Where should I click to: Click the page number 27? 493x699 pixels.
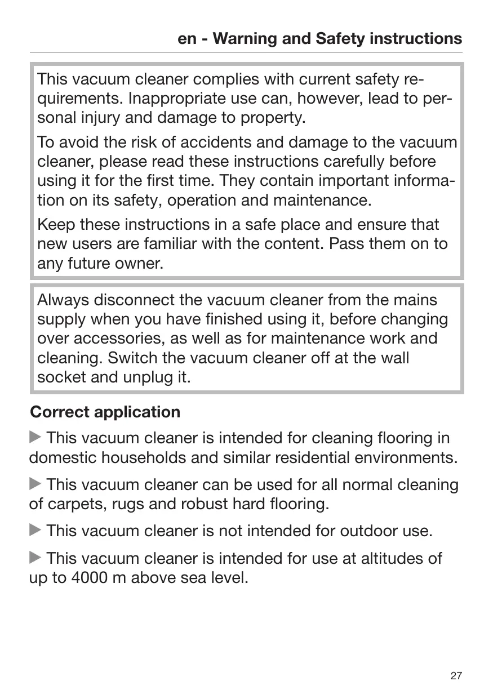point(456,676)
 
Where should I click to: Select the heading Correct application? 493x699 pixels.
point(105,412)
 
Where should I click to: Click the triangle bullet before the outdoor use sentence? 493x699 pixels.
point(35,531)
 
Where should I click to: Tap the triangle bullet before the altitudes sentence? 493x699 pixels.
point(35,558)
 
